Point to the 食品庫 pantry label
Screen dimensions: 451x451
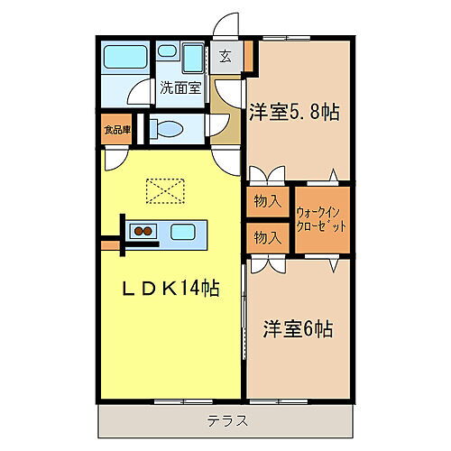coord(116,129)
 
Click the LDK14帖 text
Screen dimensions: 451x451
coord(170,289)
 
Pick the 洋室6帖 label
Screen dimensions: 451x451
coord(298,328)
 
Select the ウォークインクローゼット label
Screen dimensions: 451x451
coord(322,218)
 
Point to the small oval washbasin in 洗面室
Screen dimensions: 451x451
coord(168,52)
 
